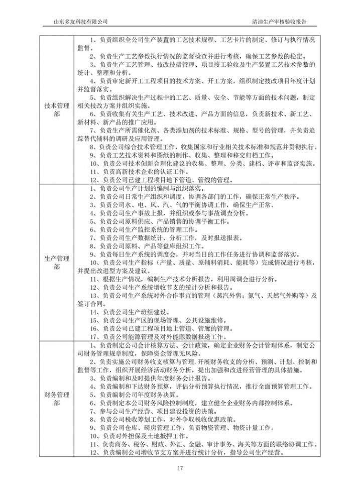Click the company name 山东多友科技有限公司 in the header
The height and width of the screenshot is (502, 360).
coord(81,22)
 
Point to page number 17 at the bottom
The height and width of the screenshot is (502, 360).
coord(180,469)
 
